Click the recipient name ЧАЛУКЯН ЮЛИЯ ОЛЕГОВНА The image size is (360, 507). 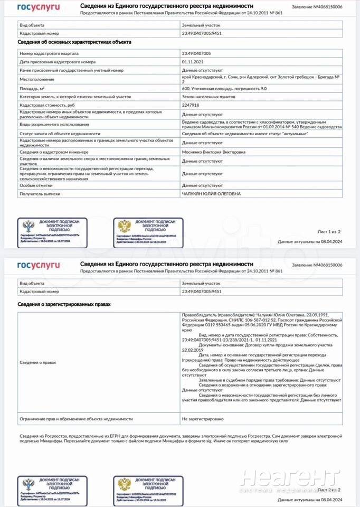[x=211, y=194]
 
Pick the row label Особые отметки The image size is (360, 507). [x=36, y=186]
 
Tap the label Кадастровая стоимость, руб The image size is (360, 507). [x=49, y=105]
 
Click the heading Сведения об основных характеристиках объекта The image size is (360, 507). [x=74, y=42]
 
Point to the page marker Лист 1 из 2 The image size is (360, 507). [x=329, y=232]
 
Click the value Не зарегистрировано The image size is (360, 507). [x=203, y=419]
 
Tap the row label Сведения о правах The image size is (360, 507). [x=37, y=363]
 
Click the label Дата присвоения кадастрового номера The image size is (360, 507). [x=58, y=62]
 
